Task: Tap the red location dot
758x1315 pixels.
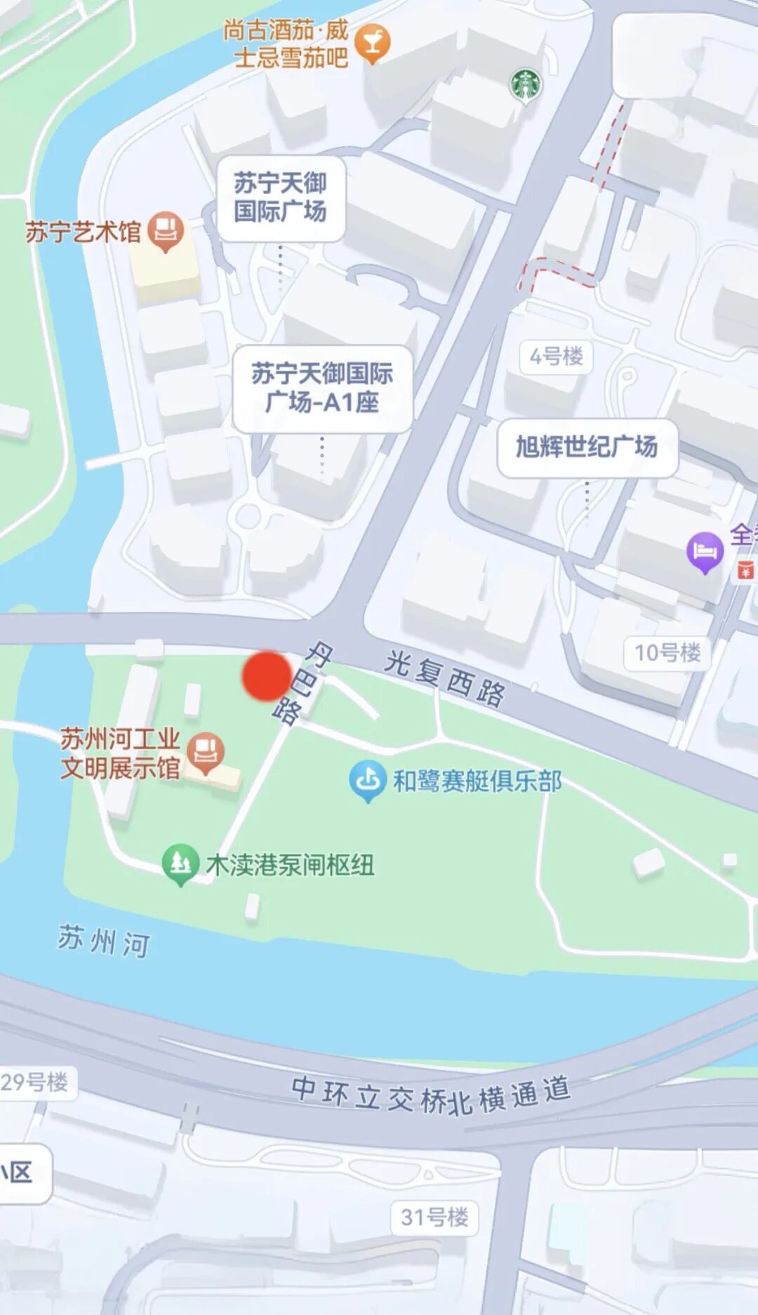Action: coord(267,675)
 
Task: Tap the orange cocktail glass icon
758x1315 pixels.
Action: coord(372,44)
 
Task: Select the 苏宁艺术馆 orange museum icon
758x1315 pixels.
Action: coord(166,230)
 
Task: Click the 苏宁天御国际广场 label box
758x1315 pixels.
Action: coord(281,198)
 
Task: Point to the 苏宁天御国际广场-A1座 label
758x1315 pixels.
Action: coord(322,388)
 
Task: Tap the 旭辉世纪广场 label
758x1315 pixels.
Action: coord(587,447)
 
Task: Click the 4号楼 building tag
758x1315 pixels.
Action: coord(557,357)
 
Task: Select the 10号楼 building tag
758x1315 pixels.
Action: coord(667,653)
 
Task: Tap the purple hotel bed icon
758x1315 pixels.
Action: coord(705,551)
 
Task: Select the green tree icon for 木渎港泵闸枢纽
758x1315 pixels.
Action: coord(180,863)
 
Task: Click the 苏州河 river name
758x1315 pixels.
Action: coord(104,941)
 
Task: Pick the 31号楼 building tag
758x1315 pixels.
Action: coord(434,1217)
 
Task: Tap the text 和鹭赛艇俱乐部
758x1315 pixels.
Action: coord(477,781)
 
